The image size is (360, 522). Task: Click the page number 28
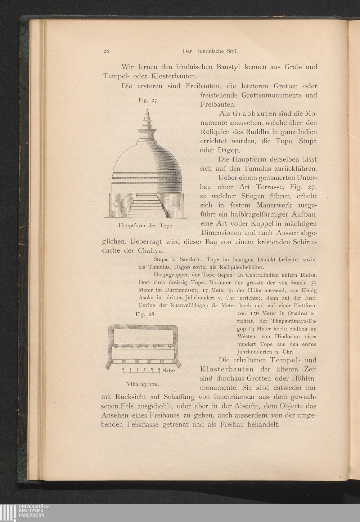coord(106,51)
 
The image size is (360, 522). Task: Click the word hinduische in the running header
coord(210,51)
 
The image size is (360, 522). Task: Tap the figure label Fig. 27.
coord(148,101)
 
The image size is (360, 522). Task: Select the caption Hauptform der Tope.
coord(146,226)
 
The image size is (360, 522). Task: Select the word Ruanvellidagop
coord(184,305)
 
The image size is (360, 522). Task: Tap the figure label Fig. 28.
coord(145,314)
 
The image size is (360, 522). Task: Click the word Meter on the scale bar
coord(168,371)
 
